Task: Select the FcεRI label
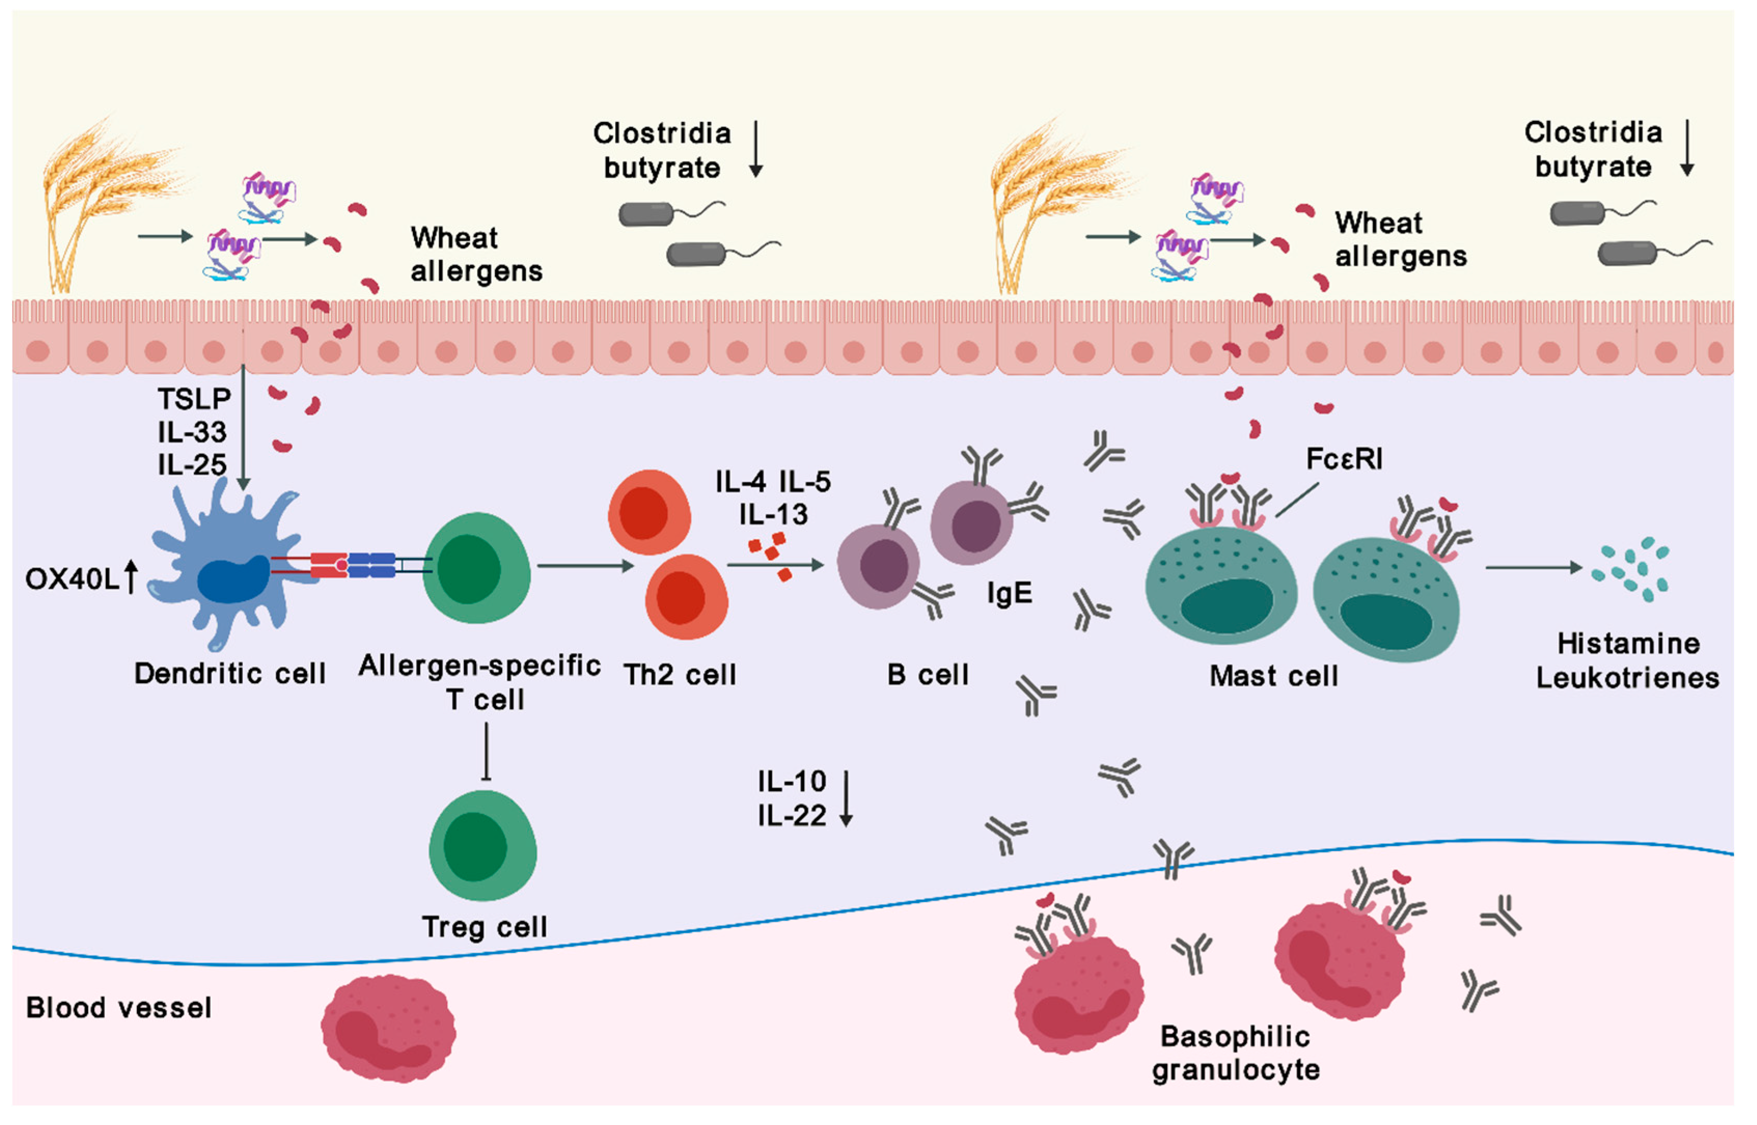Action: coord(1344,460)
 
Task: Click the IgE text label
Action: coord(1009,593)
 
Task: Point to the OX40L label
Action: coord(72,579)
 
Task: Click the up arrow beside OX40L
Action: coord(131,577)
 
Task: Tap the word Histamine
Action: coord(1628,644)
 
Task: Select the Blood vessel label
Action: coord(118,1008)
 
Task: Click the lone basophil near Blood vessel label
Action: coord(388,1029)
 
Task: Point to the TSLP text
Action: coord(193,399)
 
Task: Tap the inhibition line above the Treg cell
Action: coord(487,753)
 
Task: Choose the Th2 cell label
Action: coord(680,675)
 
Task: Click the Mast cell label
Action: coord(1274,676)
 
